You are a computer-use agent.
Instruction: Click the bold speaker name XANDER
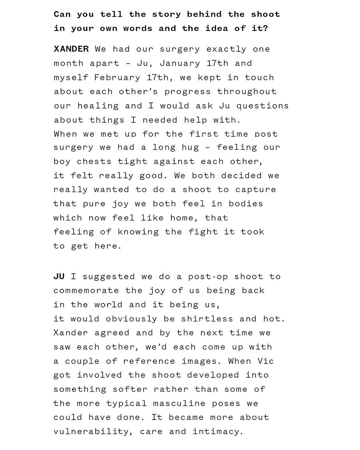click(x=71, y=49)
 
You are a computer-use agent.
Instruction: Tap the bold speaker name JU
click(x=59, y=276)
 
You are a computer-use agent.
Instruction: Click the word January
click(x=180, y=63)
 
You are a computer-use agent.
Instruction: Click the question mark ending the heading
click(x=265, y=28)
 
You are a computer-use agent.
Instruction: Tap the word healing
click(x=98, y=106)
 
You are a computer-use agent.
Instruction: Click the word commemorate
click(x=86, y=291)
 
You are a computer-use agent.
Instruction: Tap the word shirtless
click(x=207, y=319)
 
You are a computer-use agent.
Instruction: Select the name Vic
click(x=266, y=361)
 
